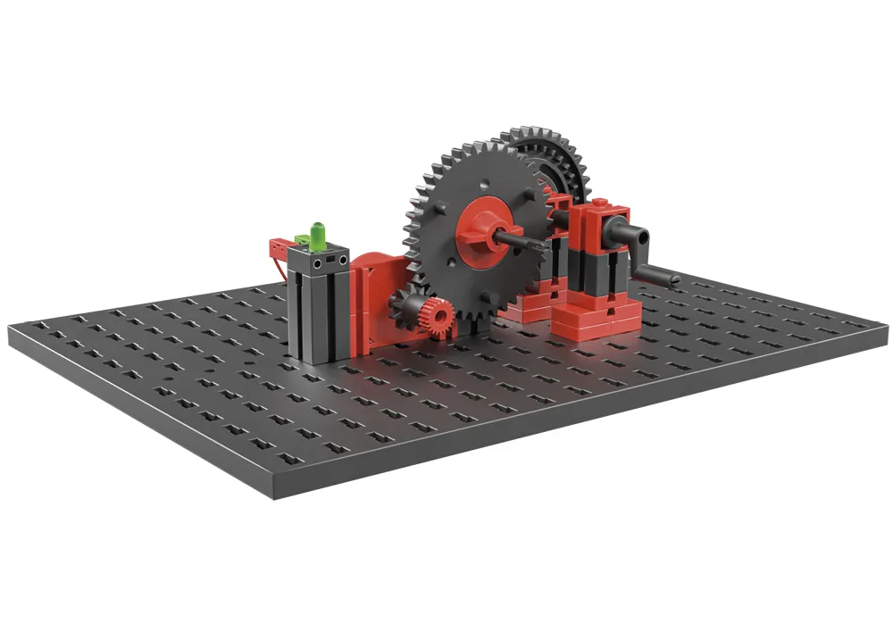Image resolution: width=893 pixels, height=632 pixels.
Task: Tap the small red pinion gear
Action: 437,314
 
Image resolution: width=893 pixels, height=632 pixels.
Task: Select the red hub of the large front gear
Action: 481,229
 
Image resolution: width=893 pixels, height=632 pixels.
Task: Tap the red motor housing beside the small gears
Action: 375,295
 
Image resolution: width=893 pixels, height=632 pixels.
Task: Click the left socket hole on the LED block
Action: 318,264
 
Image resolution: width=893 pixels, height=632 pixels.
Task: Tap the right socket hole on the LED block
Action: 340,260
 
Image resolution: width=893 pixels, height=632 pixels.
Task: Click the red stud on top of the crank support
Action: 600,204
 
